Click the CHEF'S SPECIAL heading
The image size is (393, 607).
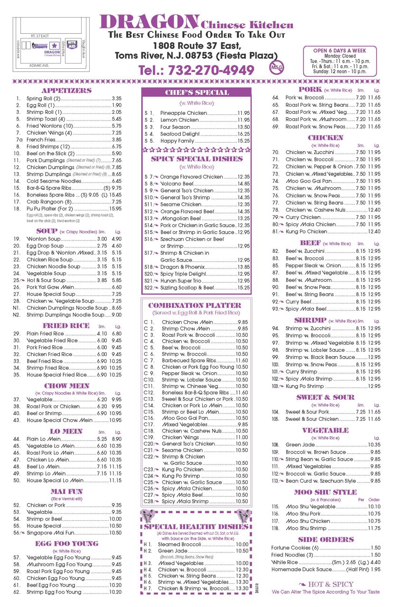click(x=196, y=92)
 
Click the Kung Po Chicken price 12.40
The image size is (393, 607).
click(x=374, y=231)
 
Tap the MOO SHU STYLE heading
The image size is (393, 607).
click(x=325, y=492)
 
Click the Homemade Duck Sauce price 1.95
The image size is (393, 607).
click(x=375, y=569)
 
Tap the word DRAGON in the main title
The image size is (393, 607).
click(x=149, y=22)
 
